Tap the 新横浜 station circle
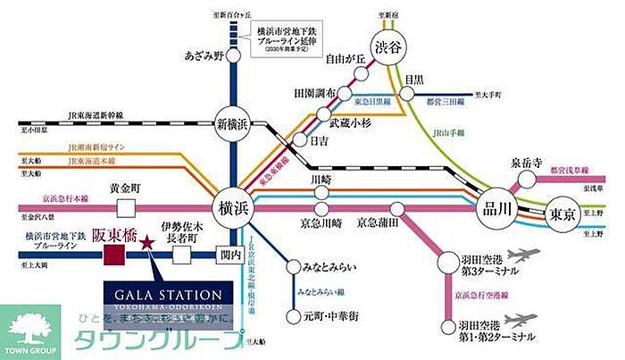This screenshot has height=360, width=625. pyautogui.click(x=232, y=122)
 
